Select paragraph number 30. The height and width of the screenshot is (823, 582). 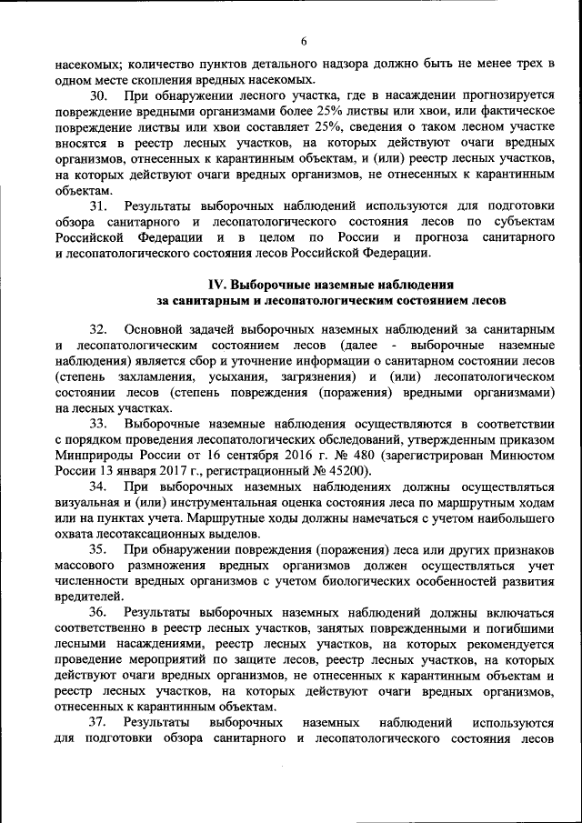99,96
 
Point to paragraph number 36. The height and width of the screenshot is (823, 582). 99,613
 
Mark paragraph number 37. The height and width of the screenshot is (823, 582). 99,723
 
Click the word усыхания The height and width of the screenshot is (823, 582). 235,376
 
